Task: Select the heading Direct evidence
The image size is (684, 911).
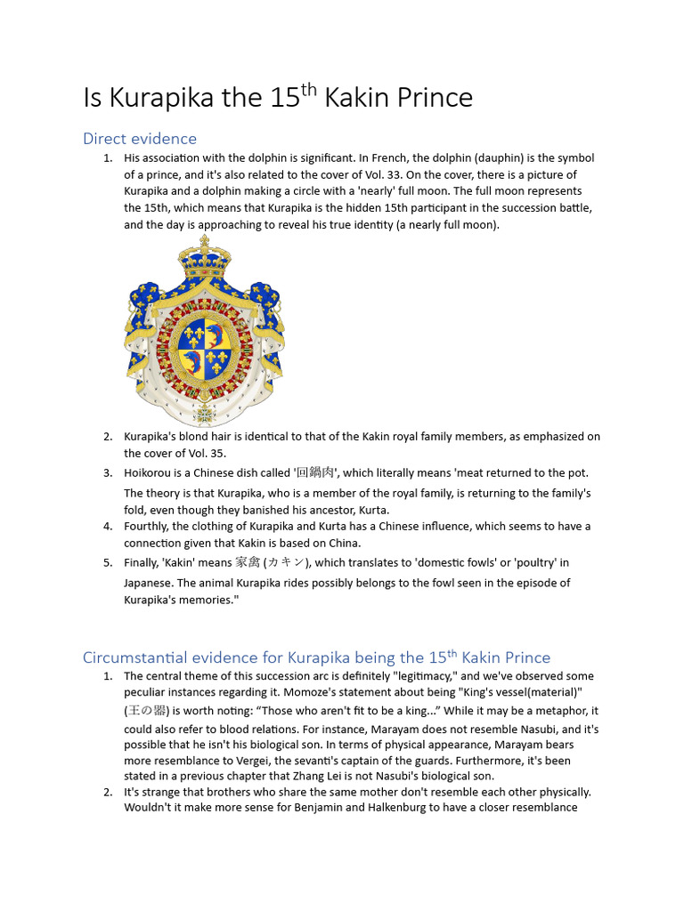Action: coord(140,139)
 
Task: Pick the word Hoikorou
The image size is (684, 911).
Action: coord(151,472)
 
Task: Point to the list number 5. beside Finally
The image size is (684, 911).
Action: coord(108,562)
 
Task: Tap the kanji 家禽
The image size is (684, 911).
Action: coord(247,562)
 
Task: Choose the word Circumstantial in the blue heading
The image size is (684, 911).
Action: coord(133,658)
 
